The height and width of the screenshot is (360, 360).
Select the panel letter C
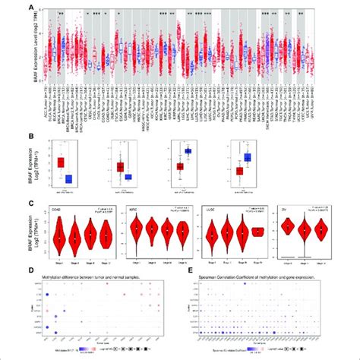[30, 203]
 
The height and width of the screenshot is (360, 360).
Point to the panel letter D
[30, 269]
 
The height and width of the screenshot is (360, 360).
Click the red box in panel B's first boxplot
[60, 162]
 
